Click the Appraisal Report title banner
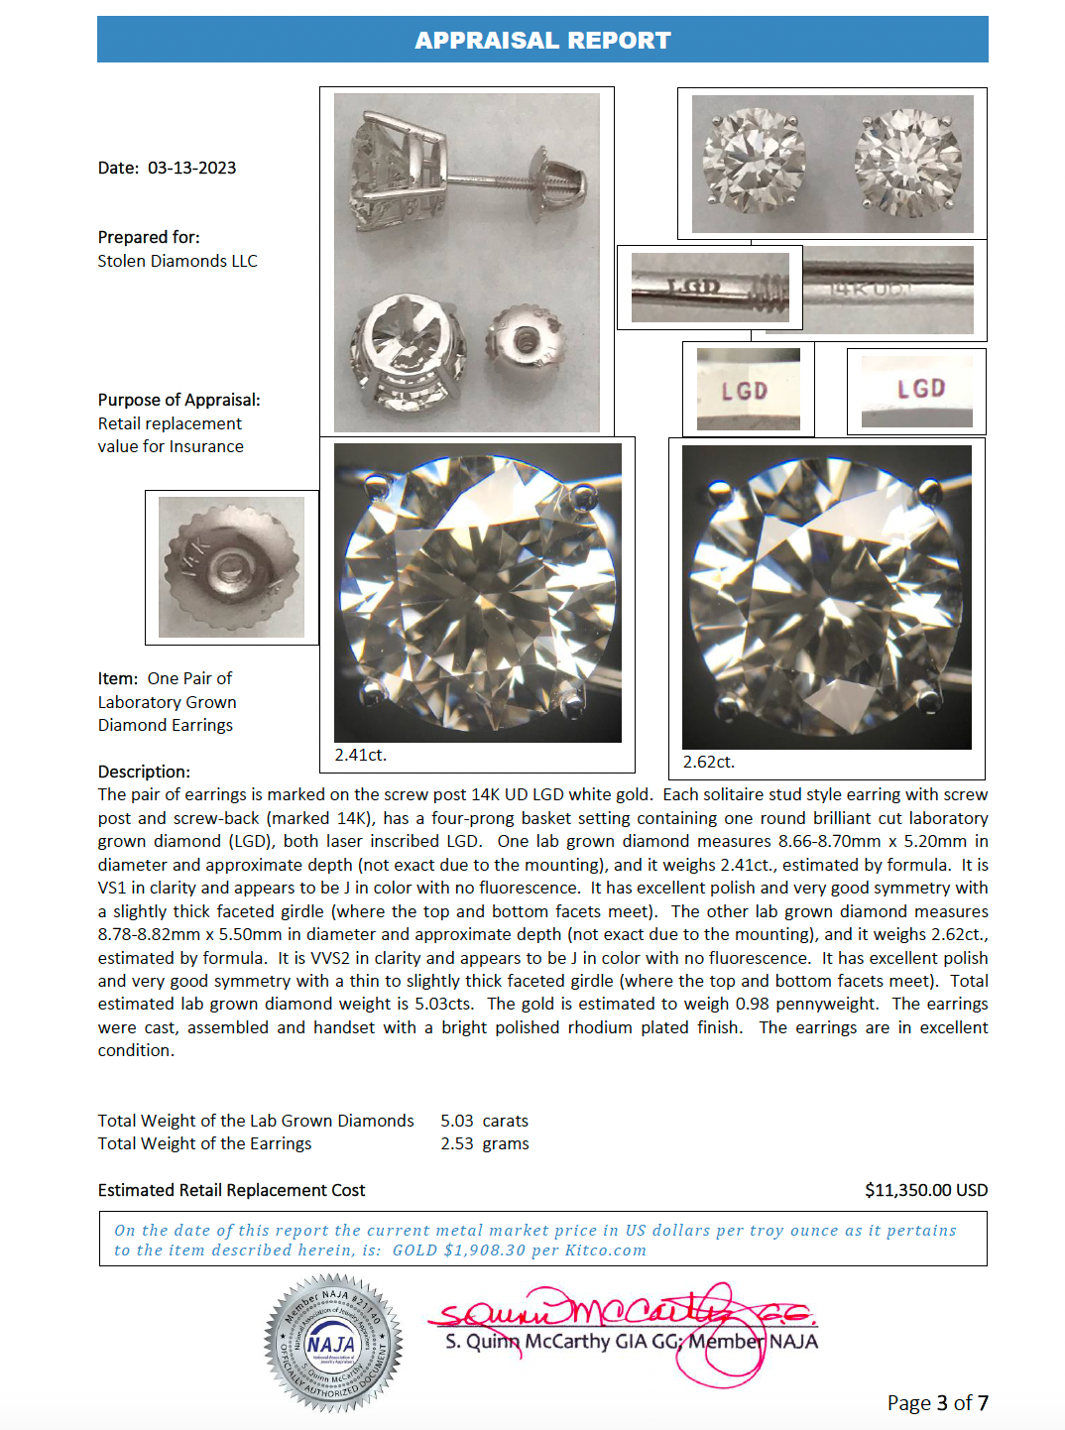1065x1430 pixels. click(x=542, y=40)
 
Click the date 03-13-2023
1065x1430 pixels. click(x=191, y=168)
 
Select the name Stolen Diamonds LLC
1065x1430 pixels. click(x=177, y=261)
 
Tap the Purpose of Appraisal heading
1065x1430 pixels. click(x=178, y=400)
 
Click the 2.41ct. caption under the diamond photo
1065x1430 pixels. click(x=361, y=755)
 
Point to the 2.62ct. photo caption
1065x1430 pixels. click(x=709, y=762)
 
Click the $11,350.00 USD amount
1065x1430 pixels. click(x=925, y=1190)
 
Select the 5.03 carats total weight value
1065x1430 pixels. click(x=484, y=1121)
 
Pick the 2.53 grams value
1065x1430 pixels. click(x=484, y=1143)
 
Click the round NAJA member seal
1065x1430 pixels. click(x=333, y=1343)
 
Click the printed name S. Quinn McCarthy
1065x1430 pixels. click(x=528, y=1342)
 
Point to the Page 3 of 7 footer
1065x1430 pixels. click(x=937, y=1402)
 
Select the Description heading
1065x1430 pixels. click(x=144, y=772)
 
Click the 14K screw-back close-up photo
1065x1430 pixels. click(x=231, y=567)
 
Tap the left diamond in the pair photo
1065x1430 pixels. click(x=754, y=162)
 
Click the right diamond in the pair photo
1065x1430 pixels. click(x=908, y=162)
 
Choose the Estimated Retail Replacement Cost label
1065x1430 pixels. click(x=231, y=1190)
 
